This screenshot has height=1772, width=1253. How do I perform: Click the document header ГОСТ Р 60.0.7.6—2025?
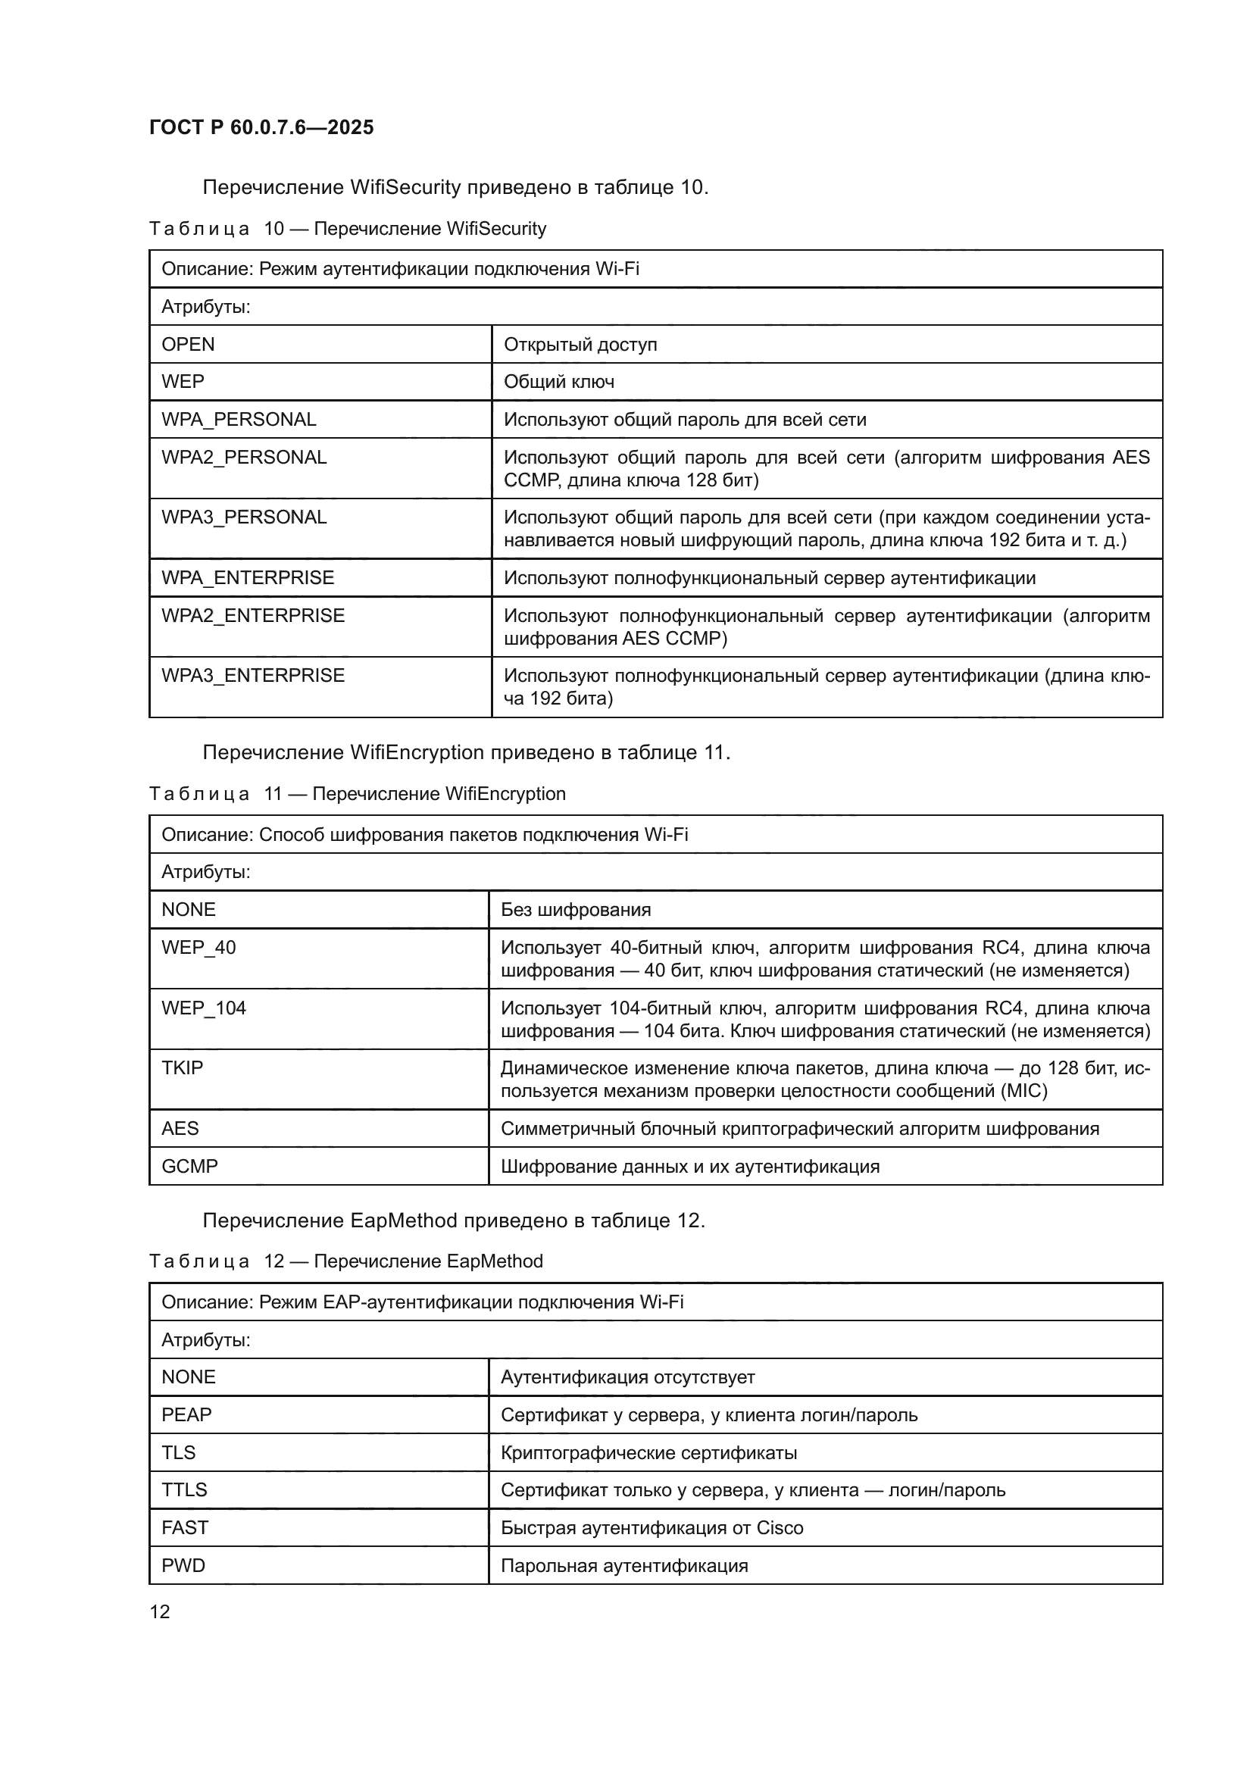[261, 127]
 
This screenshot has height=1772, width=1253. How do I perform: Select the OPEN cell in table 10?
[189, 344]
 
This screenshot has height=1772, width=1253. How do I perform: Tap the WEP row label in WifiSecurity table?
[183, 381]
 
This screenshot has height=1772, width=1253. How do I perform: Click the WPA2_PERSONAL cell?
[244, 457]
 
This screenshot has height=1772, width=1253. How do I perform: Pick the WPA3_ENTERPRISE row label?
[253, 675]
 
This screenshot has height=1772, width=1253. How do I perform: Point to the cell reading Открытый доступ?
[580, 344]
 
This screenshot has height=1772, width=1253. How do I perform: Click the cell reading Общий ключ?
[558, 381]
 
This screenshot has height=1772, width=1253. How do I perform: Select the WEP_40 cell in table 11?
[198, 947]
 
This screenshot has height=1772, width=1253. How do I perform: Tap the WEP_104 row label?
[204, 1008]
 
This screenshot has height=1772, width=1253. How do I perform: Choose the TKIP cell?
[182, 1068]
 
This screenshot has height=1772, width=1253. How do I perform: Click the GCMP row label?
[190, 1166]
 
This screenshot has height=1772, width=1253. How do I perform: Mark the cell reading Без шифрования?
[576, 910]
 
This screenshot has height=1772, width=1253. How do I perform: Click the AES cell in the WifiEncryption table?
[180, 1128]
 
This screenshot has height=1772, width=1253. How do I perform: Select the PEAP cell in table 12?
[186, 1414]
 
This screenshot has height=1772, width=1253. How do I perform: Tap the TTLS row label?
[184, 1489]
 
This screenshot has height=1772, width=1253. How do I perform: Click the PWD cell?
[183, 1565]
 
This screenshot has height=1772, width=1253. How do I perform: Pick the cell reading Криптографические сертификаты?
[649, 1452]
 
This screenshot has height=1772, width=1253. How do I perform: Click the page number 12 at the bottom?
[160, 1611]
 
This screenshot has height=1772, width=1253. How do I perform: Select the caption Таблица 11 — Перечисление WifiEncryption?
[358, 794]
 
